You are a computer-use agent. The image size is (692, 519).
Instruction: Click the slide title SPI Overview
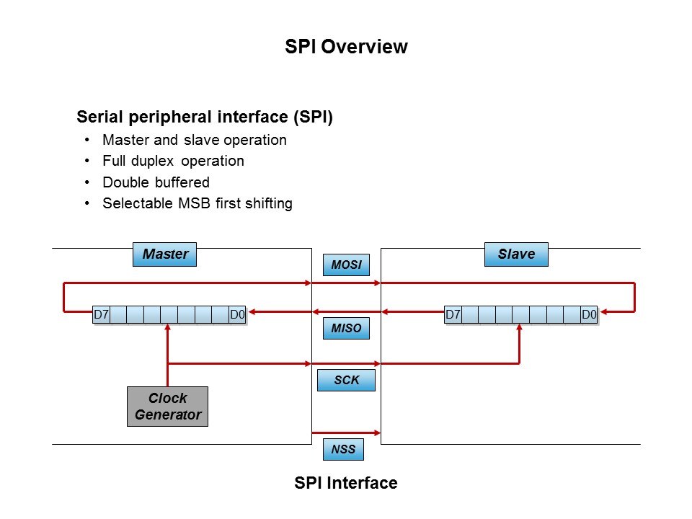[346, 47]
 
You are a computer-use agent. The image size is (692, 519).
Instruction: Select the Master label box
[165, 254]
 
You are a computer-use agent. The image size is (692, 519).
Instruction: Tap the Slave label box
[516, 254]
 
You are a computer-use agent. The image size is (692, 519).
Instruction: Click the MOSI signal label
[346, 265]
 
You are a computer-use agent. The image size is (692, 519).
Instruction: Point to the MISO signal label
[346, 329]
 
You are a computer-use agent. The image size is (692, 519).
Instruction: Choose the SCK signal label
[346, 380]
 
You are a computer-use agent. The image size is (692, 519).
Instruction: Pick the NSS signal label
[343, 450]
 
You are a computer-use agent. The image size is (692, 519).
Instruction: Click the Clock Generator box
[167, 407]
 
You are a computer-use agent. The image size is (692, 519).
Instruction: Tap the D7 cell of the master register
[102, 314]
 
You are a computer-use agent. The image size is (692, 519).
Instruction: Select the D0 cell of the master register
[238, 314]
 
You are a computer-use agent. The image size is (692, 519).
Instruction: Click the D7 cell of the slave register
[453, 314]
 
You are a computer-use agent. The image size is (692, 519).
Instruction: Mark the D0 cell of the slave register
[590, 314]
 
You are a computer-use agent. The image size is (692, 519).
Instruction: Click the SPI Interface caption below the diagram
[346, 483]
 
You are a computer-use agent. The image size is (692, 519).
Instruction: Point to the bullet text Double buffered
[156, 182]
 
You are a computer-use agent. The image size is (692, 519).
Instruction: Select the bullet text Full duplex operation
[173, 161]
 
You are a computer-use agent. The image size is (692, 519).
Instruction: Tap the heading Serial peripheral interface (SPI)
[205, 117]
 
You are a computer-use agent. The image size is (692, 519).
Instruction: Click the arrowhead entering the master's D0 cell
[253, 312]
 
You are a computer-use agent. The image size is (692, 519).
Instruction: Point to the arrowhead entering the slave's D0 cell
[604, 312]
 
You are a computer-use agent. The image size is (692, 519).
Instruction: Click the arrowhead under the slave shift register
[520, 329]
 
